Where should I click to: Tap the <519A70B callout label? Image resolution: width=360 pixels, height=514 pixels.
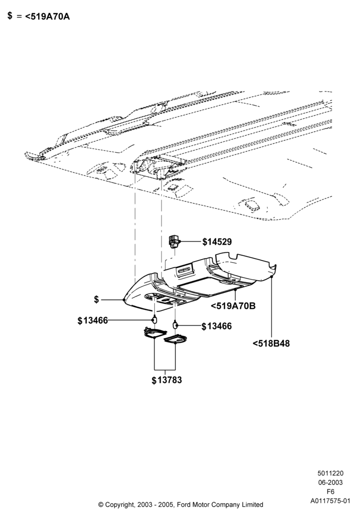pos(233,306)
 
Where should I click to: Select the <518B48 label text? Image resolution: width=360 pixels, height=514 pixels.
pos(272,343)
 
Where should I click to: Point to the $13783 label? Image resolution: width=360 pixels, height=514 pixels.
pos(167,380)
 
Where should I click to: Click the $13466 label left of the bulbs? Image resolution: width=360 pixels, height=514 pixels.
pos(93,321)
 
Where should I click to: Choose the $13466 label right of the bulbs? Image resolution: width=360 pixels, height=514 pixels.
pos(217,326)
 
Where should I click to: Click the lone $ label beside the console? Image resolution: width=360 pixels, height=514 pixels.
pos(96,300)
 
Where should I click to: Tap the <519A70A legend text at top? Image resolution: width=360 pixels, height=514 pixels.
pos(47,16)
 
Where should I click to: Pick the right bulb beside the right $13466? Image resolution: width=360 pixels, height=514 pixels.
pos(175,324)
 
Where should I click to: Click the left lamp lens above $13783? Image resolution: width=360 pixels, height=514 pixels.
pos(153,332)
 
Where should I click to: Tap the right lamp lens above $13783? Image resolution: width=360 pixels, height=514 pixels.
pos(175,339)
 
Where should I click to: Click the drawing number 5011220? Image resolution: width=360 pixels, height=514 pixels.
pos(331,473)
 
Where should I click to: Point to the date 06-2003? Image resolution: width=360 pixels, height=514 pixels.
pos(331,483)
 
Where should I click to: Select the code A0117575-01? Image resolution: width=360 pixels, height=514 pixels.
pos(331,501)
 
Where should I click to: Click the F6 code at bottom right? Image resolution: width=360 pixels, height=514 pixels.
pos(331,492)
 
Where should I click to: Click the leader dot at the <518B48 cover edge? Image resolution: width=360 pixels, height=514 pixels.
pos(272,277)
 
